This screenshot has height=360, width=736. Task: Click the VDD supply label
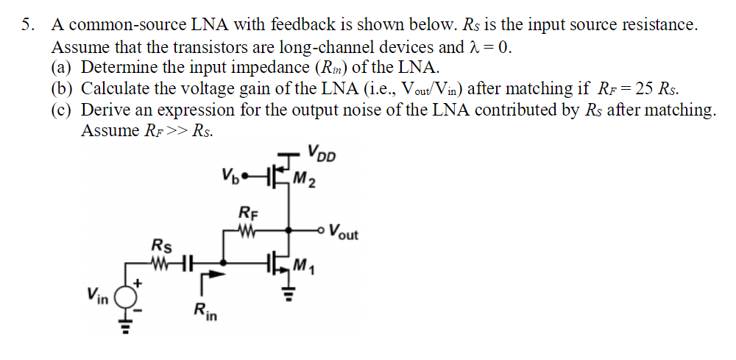point(321,156)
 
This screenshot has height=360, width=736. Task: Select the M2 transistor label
point(303,178)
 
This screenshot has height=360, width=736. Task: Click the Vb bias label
point(229,177)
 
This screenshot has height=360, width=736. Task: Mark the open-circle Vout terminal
point(323,230)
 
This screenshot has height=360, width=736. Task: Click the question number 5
point(26,25)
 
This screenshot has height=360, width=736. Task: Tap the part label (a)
point(63,68)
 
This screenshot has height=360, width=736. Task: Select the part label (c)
point(63,110)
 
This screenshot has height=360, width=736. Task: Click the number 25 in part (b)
point(643,89)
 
